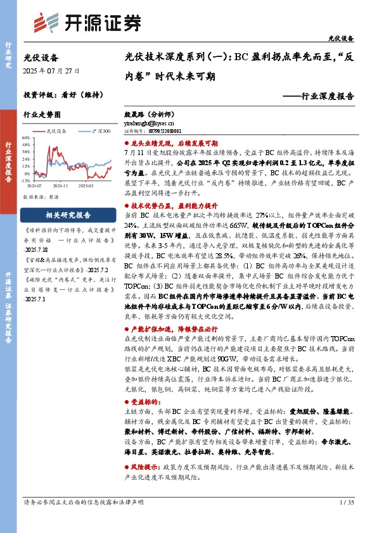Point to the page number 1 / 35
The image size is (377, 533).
(x=345, y=520)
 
